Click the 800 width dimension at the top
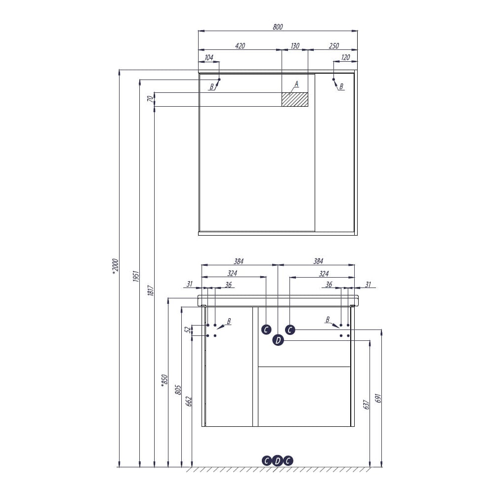point(278,27)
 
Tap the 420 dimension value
point(240,45)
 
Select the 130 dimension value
point(295,45)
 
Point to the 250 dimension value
point(334,45)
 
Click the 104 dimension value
point(209,57)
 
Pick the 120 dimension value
point(346,57)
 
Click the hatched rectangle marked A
point(295,100)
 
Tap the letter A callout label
point(296,84)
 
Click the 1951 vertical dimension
point(136,276)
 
